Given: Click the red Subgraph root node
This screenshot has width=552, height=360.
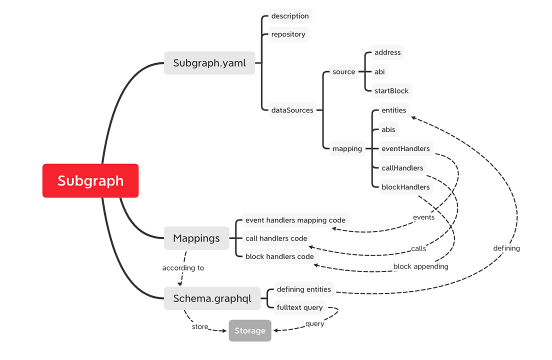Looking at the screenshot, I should point(90,180).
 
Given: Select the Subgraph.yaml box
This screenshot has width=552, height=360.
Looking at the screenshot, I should point(209,63).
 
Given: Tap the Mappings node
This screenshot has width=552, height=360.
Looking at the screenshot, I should point(196,238).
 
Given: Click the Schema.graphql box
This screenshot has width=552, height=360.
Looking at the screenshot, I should point(212,298).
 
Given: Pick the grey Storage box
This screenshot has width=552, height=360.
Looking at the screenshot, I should point(250,330).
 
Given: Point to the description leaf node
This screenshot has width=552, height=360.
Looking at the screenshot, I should point(290,16).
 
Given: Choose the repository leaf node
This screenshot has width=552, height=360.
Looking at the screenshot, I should point(288,34).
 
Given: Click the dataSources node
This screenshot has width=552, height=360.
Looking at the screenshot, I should point(292,110).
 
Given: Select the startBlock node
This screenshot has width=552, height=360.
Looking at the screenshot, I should point(391,91).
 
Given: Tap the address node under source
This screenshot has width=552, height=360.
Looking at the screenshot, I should point(387,52).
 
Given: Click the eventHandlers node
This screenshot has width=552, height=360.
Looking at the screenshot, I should point(405,148).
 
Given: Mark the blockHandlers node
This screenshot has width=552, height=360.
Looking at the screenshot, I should point(405,187).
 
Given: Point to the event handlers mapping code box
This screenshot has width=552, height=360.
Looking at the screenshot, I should point(295,220).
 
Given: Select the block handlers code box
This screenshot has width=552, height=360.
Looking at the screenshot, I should point(279,256).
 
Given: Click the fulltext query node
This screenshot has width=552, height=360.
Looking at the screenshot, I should point(299,307).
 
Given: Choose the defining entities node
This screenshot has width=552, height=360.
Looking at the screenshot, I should point(303,289).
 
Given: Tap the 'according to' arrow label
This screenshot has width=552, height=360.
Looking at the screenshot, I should point(183,268).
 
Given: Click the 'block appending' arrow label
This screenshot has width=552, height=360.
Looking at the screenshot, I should point(420,266).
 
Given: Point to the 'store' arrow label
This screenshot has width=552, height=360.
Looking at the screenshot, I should point(200,327).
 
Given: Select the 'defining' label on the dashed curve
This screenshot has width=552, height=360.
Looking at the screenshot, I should point(506,248).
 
